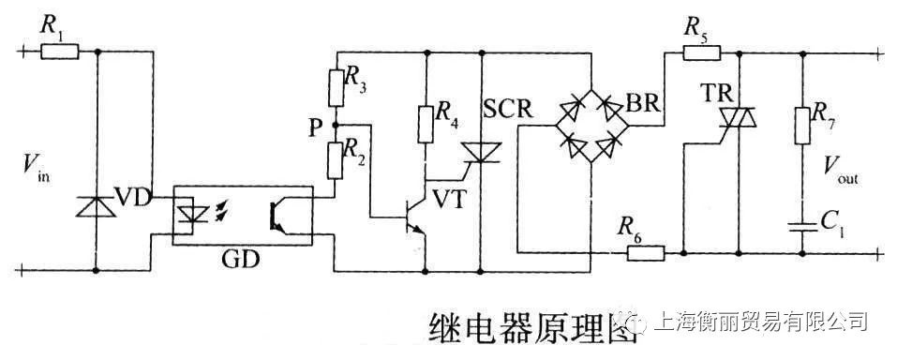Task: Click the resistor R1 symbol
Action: click(60, 52)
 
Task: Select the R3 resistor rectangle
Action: click(336, 87)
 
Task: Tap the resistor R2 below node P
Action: click(336, 159)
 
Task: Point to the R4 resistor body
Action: click(425, 124)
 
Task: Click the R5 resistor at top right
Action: click(702, 52)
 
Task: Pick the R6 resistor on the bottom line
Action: click(645, 252)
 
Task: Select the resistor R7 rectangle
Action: click(802, 125)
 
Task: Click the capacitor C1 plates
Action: click(802, 225)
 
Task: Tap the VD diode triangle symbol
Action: click(97, 206)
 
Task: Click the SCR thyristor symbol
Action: click(482, 152)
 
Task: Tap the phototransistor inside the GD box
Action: click(277, 217)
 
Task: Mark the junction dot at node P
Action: click(336, 124)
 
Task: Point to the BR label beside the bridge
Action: click(643, 105)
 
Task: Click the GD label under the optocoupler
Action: click(241, 261)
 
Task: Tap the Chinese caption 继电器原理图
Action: click(532, 327)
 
